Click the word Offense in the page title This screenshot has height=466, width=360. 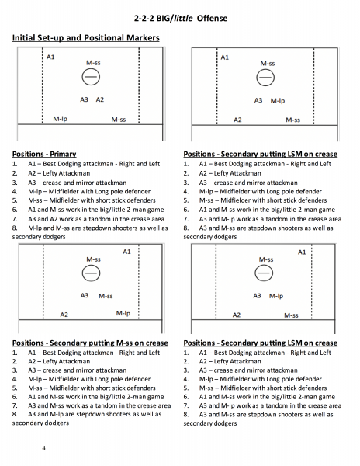213,18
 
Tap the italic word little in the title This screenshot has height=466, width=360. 183,18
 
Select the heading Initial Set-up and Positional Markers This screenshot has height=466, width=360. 86,38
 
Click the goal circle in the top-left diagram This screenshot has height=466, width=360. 91,77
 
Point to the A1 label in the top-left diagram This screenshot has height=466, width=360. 50,57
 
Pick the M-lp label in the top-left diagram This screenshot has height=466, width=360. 61,119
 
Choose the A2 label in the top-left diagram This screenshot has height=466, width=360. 100,99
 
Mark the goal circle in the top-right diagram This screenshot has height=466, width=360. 265,78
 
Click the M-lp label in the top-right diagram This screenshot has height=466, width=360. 278,101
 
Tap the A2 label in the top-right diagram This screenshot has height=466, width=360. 237,120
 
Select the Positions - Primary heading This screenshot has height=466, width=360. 44,154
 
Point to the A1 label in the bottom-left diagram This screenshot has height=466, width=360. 126,252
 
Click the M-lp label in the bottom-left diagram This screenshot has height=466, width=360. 123,313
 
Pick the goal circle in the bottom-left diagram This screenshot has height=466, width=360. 91,273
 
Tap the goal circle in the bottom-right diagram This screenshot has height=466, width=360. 264,273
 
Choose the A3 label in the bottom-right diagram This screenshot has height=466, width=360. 257,296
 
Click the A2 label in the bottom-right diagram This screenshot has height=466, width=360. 237,315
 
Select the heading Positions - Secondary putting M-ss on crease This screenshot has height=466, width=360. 90,343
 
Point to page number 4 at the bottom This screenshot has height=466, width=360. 44,448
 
